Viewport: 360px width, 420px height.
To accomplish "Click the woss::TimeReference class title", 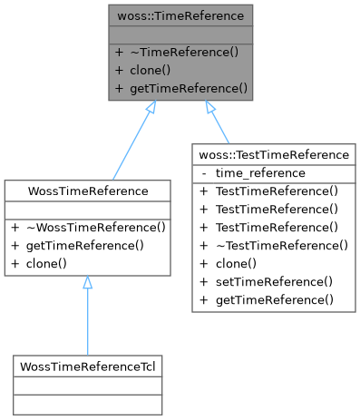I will [x=180, y=15].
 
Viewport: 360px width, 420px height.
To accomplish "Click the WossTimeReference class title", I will [x=88, y=190].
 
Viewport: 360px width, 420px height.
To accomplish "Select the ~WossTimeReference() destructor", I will [x=93, y=227].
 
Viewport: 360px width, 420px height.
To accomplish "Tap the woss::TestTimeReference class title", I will [x=274, y=154].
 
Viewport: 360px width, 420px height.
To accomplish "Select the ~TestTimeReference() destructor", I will [x=280, y=245].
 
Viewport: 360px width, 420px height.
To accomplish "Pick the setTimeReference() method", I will [x=273, y=281].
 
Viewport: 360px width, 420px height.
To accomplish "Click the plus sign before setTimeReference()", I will [x=203, y=281].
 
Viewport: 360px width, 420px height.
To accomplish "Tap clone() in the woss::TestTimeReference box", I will [x=236, y=263].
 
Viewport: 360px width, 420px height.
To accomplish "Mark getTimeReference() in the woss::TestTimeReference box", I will [x=273, y=299].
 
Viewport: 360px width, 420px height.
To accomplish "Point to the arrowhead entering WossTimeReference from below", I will [x=88, y=284].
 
